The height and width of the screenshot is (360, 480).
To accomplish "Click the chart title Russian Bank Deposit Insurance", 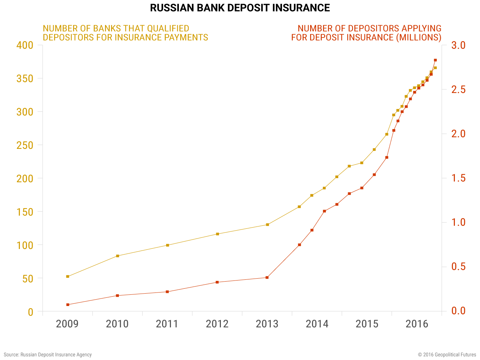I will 240,8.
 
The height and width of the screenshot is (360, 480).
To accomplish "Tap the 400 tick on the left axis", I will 25,45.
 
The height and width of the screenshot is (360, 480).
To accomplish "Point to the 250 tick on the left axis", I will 25,145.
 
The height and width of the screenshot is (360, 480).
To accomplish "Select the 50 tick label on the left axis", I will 28,279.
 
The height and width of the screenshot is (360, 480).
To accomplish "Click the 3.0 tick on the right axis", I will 458,45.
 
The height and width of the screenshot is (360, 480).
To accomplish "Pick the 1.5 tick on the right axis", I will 458,178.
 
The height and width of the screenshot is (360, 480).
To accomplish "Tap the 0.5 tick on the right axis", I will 458,267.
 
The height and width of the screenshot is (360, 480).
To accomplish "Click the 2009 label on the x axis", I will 67,324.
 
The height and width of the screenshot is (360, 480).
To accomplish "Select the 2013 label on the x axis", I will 267,324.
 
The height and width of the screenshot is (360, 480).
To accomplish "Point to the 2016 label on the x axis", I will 417,324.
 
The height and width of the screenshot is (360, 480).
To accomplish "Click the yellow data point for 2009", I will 67,276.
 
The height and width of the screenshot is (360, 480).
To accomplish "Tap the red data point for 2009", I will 67,305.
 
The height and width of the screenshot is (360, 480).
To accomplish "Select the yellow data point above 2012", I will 217,234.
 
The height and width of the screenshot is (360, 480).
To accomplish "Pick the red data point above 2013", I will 267,277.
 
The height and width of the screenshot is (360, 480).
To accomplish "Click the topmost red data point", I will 435,60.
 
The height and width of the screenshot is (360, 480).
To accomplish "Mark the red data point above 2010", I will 117,295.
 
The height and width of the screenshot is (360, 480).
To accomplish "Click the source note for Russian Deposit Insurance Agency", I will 48,355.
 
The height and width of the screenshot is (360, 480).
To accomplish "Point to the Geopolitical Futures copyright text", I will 447,355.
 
